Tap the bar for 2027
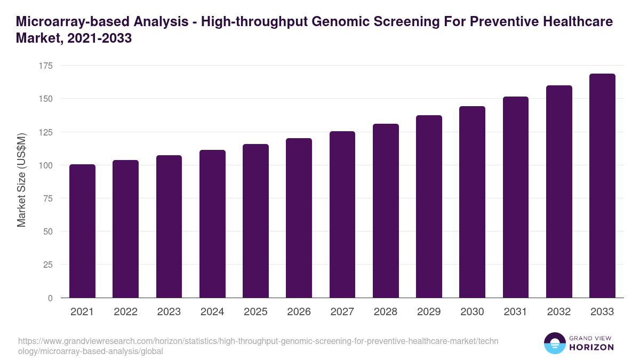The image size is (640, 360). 342,214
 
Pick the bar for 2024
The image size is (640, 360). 212,224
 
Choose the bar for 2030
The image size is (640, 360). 472,202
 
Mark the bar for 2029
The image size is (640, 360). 429,206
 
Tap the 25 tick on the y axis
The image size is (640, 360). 48,265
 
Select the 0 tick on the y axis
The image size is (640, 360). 50,298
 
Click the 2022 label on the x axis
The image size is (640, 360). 125,312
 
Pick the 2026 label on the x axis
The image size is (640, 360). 299,312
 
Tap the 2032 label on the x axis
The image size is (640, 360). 559,312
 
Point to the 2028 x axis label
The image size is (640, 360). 386,312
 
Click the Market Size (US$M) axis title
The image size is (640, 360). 21,181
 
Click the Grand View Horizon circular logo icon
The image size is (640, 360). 554,343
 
